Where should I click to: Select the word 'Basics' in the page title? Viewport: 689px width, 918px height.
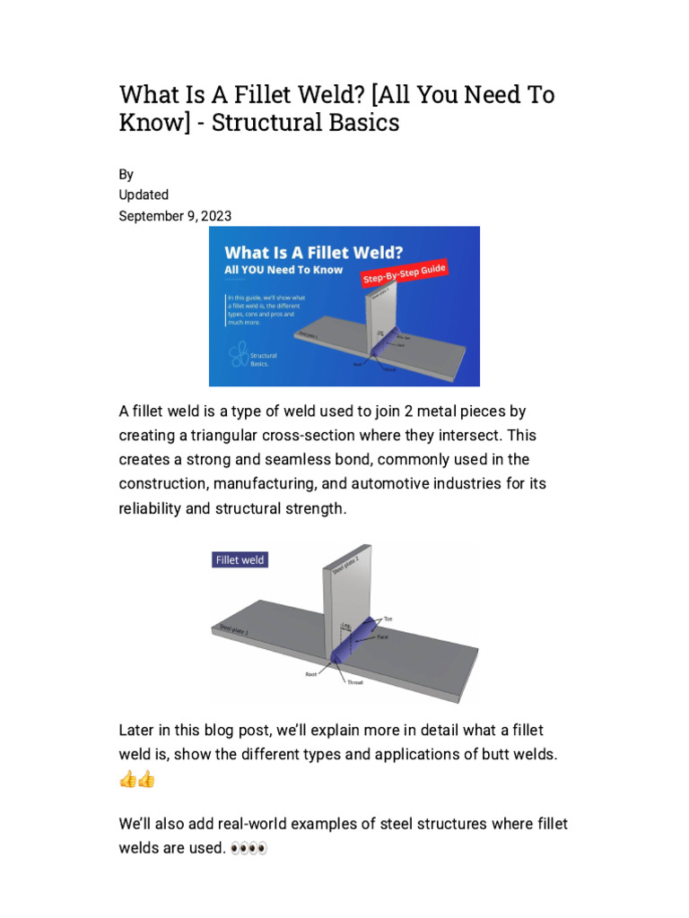coord(361,123)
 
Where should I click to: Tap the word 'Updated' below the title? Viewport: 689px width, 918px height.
coord(144,195)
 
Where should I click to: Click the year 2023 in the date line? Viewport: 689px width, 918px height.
coord(217,215)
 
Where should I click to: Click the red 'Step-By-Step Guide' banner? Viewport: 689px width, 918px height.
coord(404,273)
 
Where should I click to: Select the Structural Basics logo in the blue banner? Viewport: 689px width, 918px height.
coord(239,355)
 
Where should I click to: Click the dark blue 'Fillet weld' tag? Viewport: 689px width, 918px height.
coord(240,559)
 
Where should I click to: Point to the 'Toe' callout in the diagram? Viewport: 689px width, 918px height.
coord(388,619)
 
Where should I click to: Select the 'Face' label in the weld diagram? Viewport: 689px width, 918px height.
coord(382,636)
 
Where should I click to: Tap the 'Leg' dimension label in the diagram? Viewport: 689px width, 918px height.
coord(345,626)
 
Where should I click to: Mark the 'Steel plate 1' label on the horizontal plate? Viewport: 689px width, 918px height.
coord(235,629)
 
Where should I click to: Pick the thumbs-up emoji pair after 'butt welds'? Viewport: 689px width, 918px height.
coord(136,779)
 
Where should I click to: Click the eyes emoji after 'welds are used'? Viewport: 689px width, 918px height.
coord(249,847)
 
